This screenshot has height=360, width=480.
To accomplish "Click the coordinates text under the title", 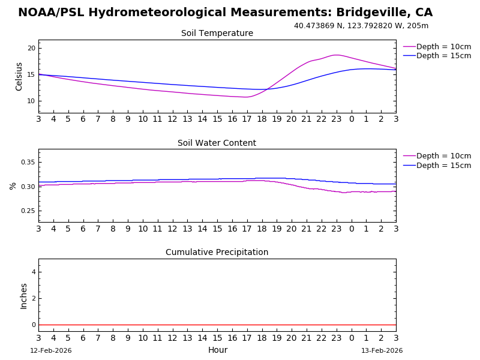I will [361, 26].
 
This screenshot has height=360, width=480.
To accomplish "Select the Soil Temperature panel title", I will [217, 34].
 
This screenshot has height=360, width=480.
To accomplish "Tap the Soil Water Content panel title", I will [217, 143].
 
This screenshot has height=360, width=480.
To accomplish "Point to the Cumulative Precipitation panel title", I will [217, 253].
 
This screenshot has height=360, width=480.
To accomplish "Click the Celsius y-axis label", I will [19, 76].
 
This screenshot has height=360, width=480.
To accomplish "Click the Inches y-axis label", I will [24, 296].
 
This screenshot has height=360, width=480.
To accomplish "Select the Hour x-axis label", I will [217, 350].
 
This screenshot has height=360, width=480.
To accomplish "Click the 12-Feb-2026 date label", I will [51, 351].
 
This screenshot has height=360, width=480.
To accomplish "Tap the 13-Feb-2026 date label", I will [382, 351].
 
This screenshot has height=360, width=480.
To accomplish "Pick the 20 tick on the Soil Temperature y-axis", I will [31, 48].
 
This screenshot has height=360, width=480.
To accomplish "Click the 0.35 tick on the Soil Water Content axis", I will [28, 163].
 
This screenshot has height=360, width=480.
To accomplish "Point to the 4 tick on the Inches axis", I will [34, 272].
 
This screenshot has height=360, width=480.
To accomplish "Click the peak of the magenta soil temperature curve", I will [337, 55].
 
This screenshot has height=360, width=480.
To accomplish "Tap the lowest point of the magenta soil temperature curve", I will [245, 97].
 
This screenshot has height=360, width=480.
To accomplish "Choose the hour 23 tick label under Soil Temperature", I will [337, 119].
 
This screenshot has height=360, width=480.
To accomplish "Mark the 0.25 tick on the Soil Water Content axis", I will [28, 211].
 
